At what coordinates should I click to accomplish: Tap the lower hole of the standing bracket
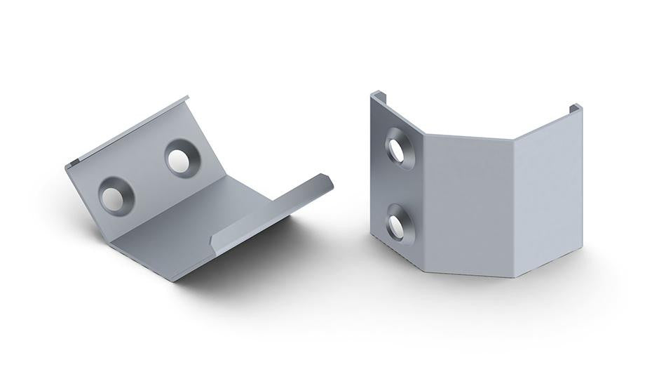click(397, 223)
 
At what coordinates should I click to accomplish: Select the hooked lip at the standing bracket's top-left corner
click(377, 94)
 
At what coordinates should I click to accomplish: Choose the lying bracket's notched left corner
click(71, 167)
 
